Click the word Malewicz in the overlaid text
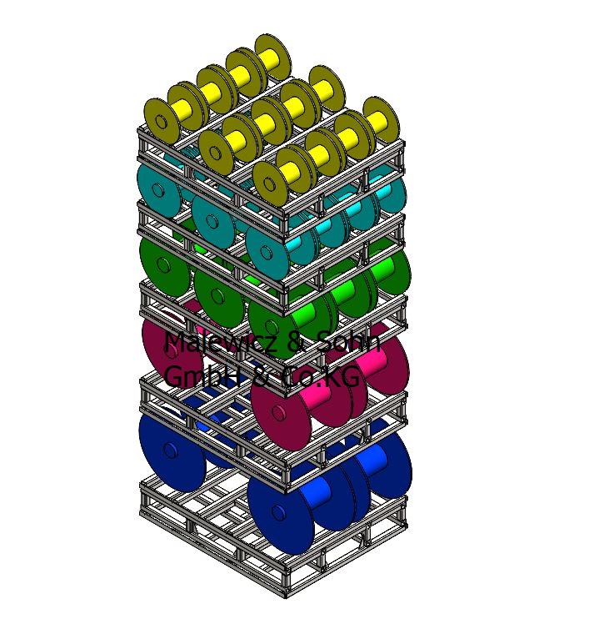click(x=222, y=342)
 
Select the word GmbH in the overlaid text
click(x=203, y=375)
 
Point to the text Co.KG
click(x=319, y=376)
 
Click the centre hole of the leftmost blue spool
click(x=171, y=450)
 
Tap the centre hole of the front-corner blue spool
click(x=278, y=512)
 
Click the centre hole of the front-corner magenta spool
click(x=278, y=412)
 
